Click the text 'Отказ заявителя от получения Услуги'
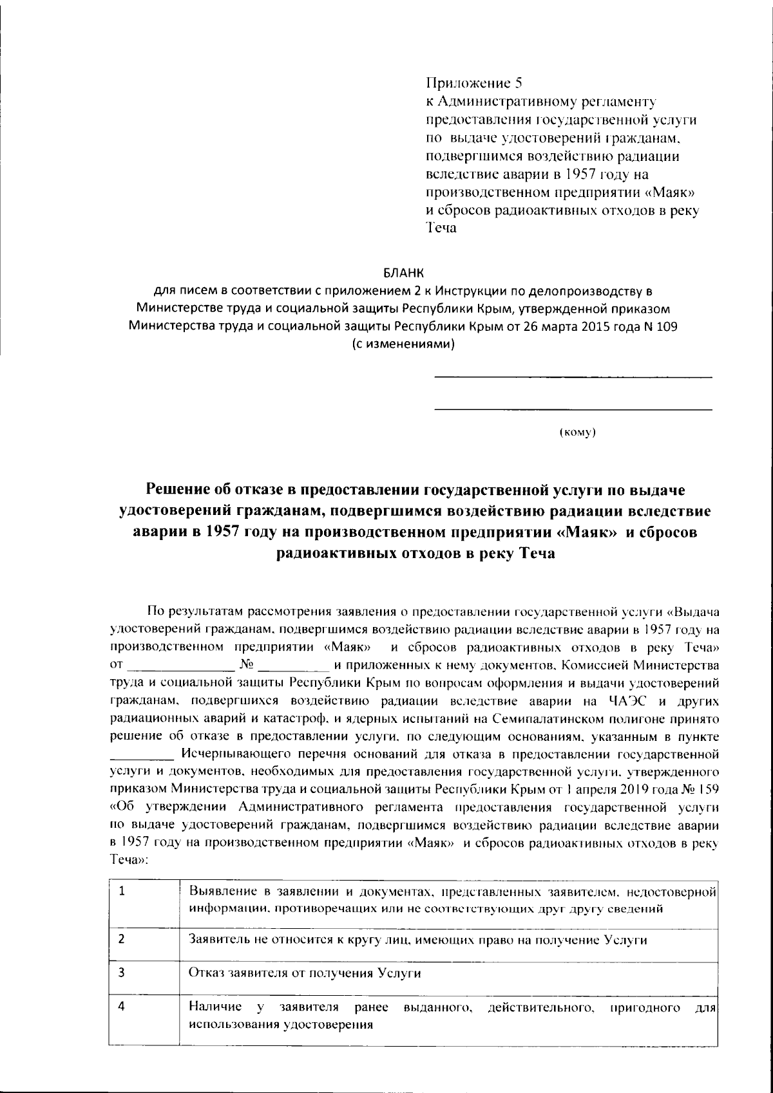tap(304, 973)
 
